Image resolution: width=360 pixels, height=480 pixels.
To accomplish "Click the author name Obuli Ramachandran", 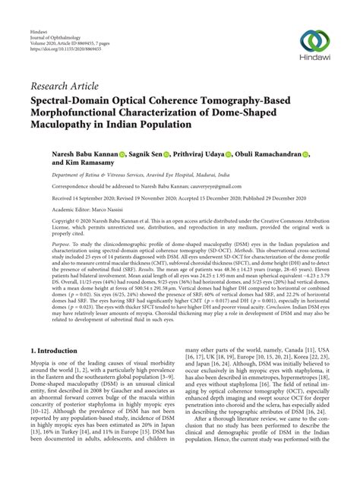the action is coord(268,153).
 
